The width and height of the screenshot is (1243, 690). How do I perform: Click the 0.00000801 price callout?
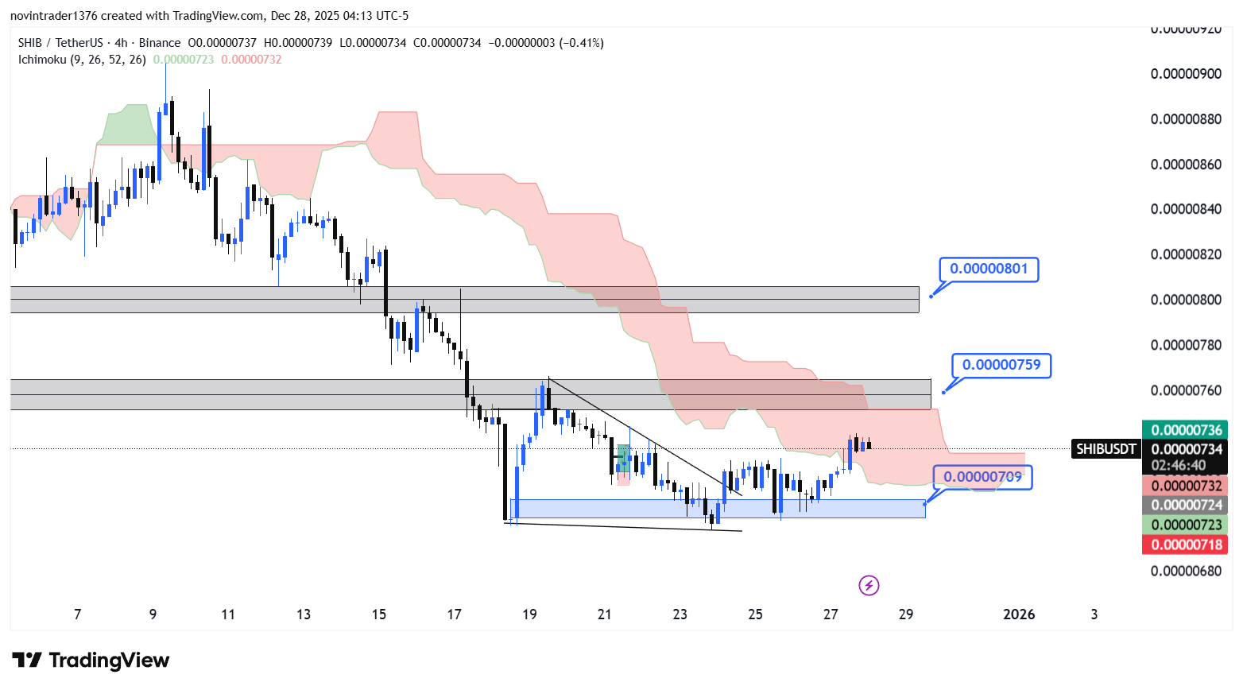(989, 269)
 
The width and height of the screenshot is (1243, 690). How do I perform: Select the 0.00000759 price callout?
(1001, 365)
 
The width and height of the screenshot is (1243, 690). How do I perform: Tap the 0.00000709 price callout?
(982, 477)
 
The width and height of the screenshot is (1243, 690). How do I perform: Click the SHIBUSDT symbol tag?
(1106, 449)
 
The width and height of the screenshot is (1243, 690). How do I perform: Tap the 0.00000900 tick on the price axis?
(1186, 74)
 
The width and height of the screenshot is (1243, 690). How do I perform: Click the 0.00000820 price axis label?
(1186, 254)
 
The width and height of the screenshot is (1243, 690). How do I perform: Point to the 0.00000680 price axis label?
(1186, 571)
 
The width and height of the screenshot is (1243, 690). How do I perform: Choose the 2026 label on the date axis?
(1019, 614)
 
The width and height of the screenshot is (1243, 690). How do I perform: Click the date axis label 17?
(454, 614)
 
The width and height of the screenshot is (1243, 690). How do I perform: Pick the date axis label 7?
(77, 614)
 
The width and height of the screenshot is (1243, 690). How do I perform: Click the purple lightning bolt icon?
(869, 586)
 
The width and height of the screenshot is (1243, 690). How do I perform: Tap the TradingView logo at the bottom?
(91, 661)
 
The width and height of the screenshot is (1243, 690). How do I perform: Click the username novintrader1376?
(53, 16)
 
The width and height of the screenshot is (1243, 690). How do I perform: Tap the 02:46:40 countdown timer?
(1178, 465)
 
